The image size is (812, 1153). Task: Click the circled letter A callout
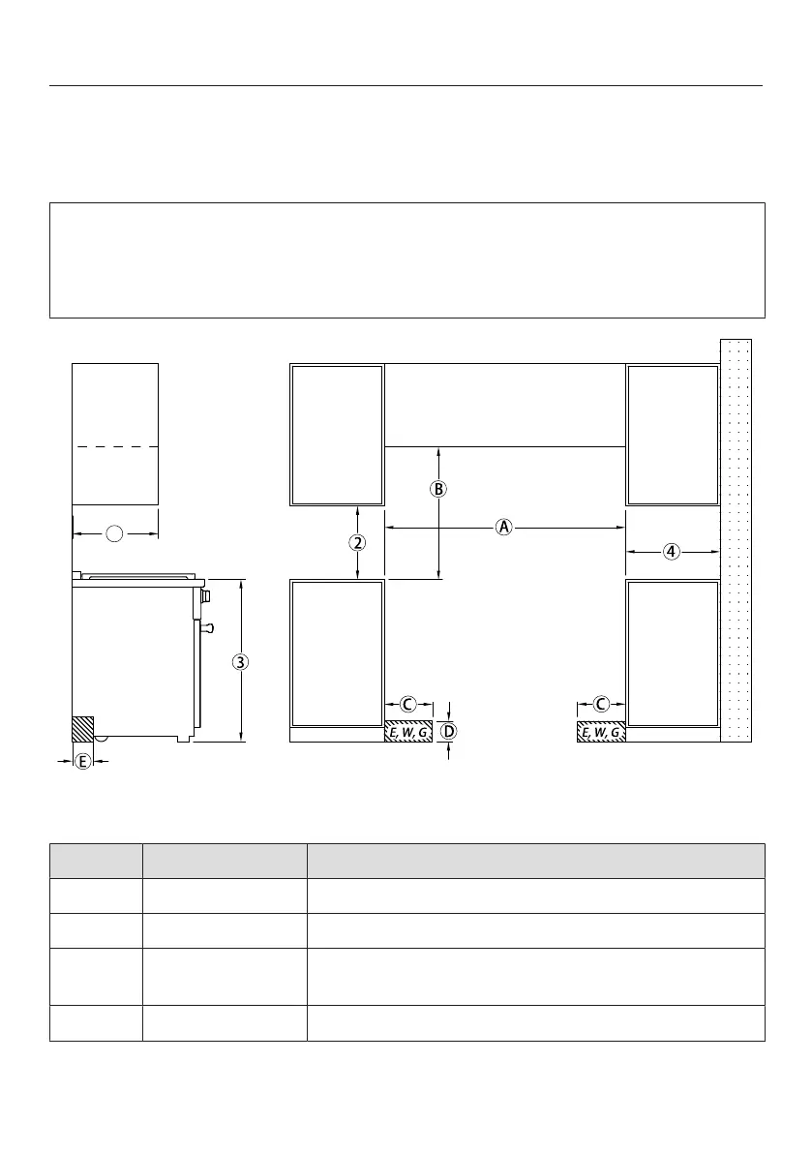(503, 528)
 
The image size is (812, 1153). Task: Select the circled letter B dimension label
(438, 489)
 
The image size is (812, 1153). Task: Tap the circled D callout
(448, 731)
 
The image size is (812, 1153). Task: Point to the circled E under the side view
(83, 762)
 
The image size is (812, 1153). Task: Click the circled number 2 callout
(357, 543)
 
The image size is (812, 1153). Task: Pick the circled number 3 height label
(240, 662)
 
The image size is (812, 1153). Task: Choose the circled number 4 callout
(672, 552)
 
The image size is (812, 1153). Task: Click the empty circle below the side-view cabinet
(114, 533)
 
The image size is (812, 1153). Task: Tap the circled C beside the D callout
(407, 705)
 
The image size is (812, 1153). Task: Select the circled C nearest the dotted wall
(601, 705)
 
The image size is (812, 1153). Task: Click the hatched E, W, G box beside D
(408, 732)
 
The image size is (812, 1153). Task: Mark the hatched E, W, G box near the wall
(601, 732)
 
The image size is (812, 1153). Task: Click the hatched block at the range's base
(82, 729)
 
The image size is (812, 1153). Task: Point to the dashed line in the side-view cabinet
(115, 446)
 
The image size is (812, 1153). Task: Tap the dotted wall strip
(736, 540)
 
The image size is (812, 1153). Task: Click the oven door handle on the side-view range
(207, 628)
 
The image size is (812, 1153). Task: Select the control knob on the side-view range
(206, 595)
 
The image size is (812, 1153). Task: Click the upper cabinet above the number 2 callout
(338, 435)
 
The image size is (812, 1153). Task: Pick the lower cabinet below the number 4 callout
(673, 653)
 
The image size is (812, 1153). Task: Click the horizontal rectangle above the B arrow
(505, 406)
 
